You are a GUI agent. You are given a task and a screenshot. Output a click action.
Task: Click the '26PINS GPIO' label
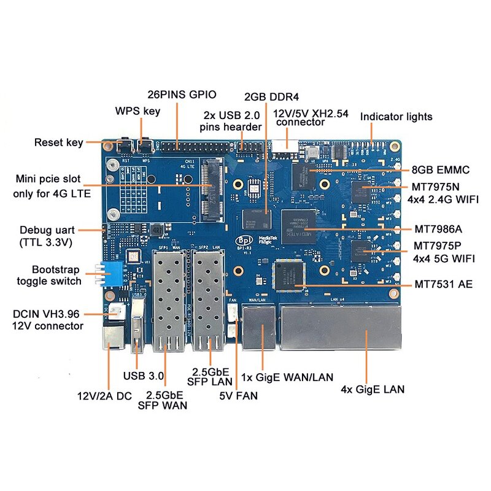(182, 95)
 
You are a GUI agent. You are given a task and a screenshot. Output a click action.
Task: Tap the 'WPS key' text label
(137, 111)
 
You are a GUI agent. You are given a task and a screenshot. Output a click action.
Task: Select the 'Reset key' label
(58, 142)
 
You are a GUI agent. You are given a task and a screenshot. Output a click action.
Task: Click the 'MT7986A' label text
(438, 229)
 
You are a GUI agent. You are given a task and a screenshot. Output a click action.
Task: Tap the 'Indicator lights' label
(396, 117)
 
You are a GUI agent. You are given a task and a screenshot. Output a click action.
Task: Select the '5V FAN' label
(238, 396)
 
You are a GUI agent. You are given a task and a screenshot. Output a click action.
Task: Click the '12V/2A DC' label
(104, 396)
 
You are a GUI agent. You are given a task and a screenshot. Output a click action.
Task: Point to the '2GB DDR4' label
(271, 97)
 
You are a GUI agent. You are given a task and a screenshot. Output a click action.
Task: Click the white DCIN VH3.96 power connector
(115, 314)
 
